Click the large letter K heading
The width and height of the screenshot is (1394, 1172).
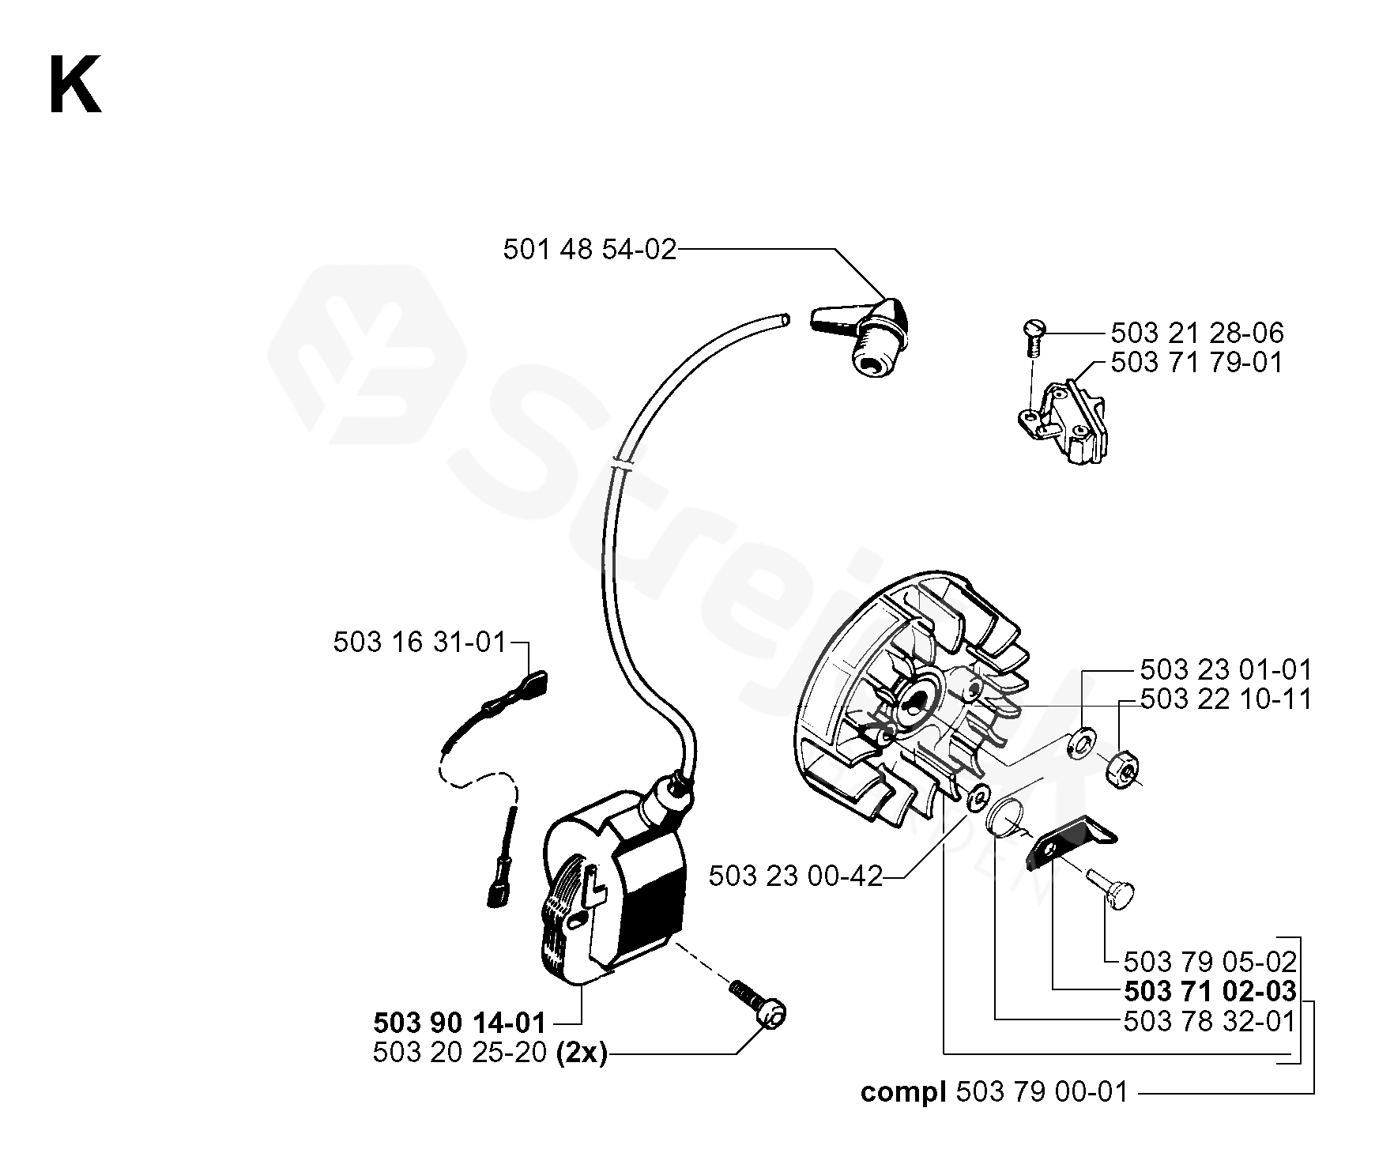point(75,85)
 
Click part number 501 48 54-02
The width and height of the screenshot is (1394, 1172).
point(590,250)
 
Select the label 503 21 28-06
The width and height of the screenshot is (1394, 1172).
point(1197,333)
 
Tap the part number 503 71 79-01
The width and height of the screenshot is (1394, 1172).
point(1197,363)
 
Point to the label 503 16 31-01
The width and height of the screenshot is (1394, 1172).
point(419,643)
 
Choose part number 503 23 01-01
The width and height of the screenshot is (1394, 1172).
point(1226,670)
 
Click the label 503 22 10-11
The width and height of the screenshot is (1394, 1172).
point(1226,699)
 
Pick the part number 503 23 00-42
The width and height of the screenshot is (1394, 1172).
point(795,876)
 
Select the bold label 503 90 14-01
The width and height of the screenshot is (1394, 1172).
point(459,1023)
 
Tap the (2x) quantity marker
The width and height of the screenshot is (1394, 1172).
point(582,1054)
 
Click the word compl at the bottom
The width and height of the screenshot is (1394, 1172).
point(904,1093)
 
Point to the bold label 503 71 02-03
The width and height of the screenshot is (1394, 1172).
point(1210,991)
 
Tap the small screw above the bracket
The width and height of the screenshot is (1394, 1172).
point(1034,329)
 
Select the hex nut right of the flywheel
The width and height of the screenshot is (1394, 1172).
point(1121,766)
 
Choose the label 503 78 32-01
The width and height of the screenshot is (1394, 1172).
point(1210,1021)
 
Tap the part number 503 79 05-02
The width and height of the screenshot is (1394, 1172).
point(1210,961)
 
